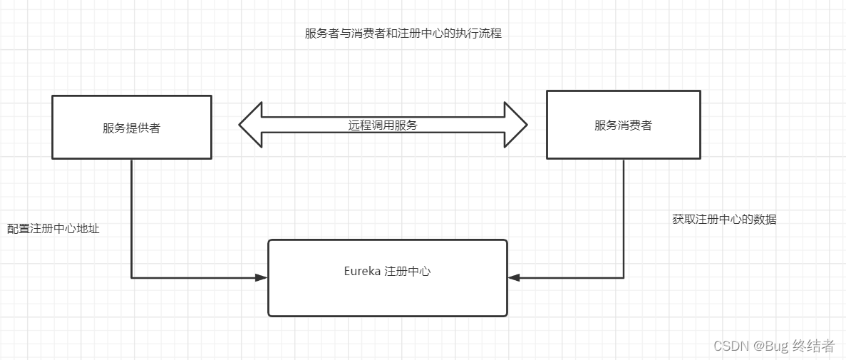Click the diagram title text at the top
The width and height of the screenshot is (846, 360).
tap(403, 34)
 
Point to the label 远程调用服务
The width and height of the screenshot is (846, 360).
tap(383, 125)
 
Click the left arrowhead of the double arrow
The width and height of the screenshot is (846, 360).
tap(250, 125)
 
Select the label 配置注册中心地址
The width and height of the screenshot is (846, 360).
tap(53, 229)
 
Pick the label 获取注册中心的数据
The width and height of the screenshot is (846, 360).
tap(724, 220)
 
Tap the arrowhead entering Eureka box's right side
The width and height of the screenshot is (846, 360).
tap(514, 277)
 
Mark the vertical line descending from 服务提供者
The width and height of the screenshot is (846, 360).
tap(132, 214)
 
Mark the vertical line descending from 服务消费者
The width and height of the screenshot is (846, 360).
tap(624, 214)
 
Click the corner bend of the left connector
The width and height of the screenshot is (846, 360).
tap(132, 277)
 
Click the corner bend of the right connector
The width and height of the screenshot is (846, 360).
tap(624, 277)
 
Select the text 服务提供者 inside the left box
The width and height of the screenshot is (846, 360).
tap(132, 128)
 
